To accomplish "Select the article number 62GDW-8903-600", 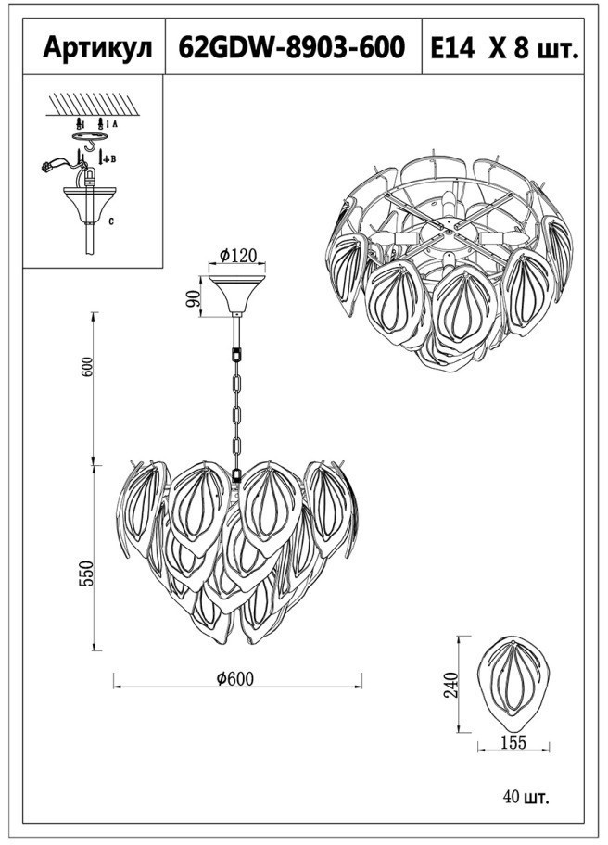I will [291, 47].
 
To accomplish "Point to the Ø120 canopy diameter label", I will [238, 255].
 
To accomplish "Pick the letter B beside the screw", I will [112, 159].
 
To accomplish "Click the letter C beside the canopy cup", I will [112, 221].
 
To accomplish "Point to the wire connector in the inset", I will [47, 168].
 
